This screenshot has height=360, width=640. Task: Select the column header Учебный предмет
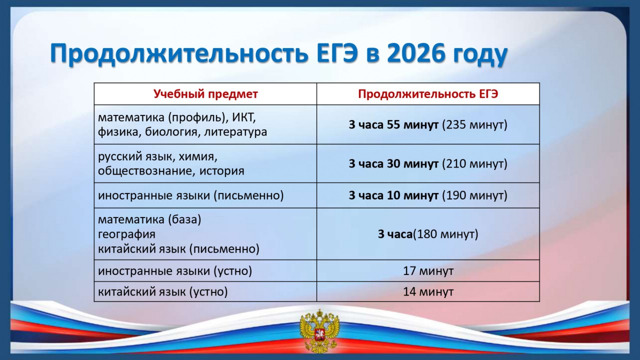tap(205, 94)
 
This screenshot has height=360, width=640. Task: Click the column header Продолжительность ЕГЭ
tap(428, 94)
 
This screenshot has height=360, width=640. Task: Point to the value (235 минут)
tap(474, 124)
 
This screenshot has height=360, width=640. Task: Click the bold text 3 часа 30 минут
tap(393, 163)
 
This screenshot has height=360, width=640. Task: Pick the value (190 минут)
tap(474, 195)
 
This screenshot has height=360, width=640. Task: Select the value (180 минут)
tap(445, 234)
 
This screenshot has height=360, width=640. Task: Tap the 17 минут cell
tap(428, 270)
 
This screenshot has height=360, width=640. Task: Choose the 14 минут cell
tap(428, 291)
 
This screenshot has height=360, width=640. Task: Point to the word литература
tap(235, 132)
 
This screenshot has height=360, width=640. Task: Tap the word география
tap(126, 234)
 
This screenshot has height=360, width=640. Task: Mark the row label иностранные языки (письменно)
tap(191, 195)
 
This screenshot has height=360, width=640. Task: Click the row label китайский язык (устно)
tap(163, 291)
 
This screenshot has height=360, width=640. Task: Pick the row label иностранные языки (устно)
tap(175, 270)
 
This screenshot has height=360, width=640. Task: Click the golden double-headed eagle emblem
tap(319, 331)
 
